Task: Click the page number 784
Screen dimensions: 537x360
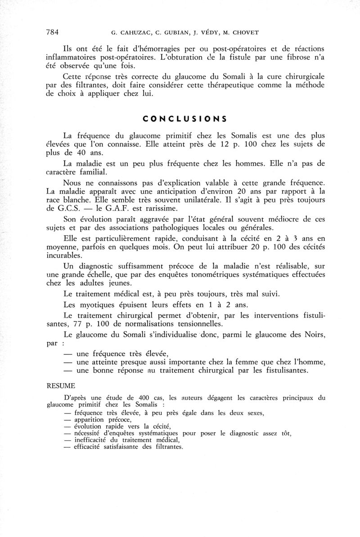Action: (x=53, y=32)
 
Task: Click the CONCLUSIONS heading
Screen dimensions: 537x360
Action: (x=184, y=119)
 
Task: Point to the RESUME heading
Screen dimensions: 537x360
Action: (x=61, y=386)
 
